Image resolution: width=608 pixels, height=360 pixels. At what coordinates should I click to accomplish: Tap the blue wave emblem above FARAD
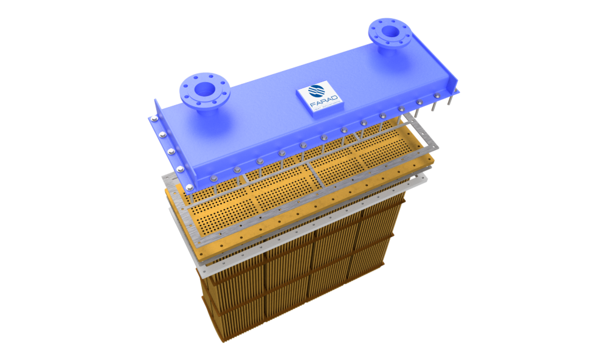317,92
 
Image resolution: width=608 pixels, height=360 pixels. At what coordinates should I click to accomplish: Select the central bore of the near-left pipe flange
205,90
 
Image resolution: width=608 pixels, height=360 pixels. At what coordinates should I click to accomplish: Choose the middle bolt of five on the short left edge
170,150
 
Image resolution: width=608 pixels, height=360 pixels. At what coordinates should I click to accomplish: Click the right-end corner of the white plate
428,176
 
